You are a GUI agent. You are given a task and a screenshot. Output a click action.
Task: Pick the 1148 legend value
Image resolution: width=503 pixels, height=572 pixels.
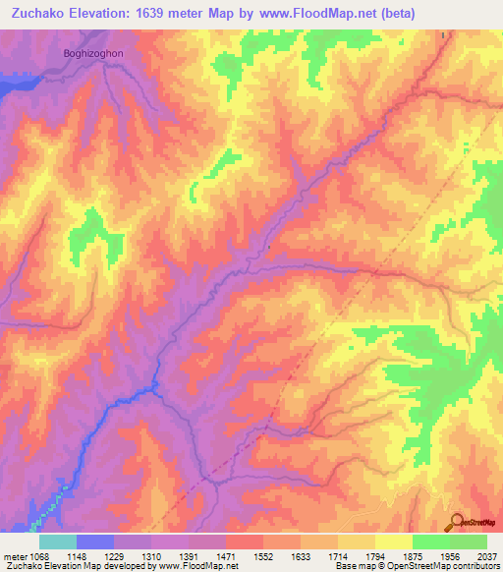click(x=76, y=555)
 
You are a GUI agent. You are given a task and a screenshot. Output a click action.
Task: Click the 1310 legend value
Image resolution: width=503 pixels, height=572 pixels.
click(x=151, y=555)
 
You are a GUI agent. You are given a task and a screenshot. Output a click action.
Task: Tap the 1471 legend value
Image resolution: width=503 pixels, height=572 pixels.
click(x=226, y=555)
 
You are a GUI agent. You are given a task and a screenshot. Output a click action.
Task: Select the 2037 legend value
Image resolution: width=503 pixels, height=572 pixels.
click(x=485, y=555)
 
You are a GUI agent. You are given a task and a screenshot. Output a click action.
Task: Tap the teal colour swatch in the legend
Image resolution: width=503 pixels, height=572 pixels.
click(x=58, y=542)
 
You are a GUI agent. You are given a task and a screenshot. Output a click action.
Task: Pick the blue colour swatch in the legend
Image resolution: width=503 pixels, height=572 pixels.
click(x=95, y=542)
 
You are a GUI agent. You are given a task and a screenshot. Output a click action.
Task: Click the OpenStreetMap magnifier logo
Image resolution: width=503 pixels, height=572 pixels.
click(x=456, y=522)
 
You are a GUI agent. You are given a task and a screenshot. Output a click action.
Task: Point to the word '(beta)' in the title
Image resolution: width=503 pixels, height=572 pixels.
click(x=395, y=13)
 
